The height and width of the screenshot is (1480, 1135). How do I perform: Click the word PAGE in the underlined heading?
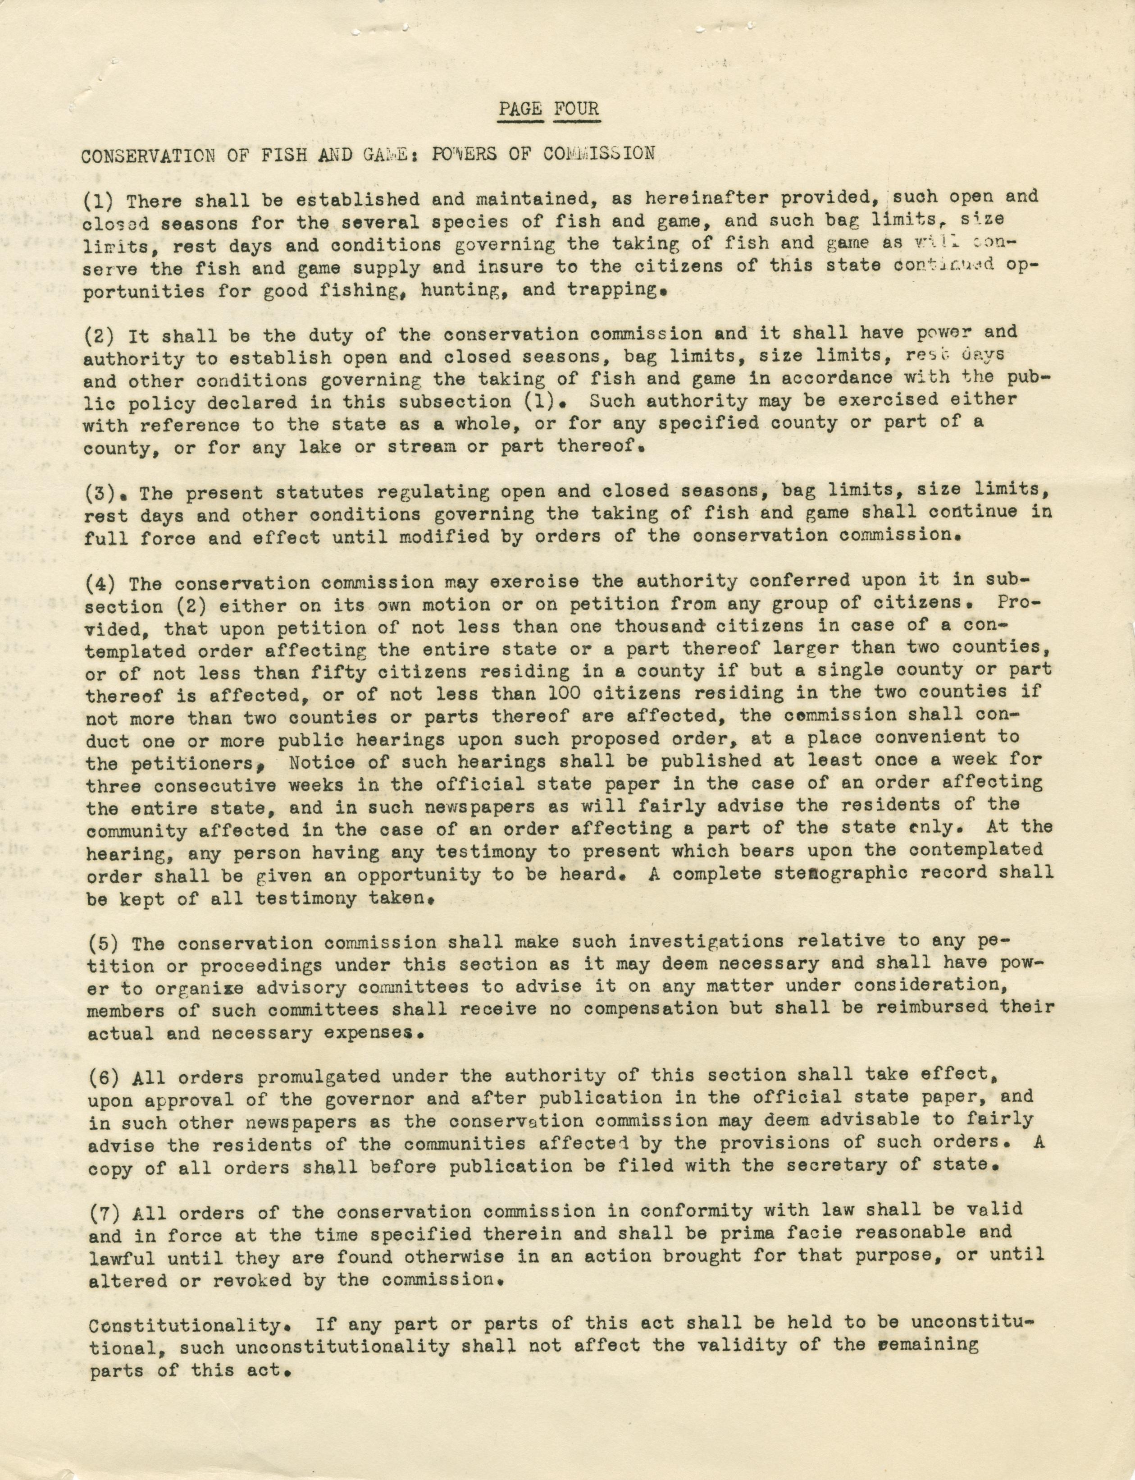tap(521, 109)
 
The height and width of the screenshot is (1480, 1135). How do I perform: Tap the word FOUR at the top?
tap(575, 109)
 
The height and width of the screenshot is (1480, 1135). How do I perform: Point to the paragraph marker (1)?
tap(99, 201)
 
